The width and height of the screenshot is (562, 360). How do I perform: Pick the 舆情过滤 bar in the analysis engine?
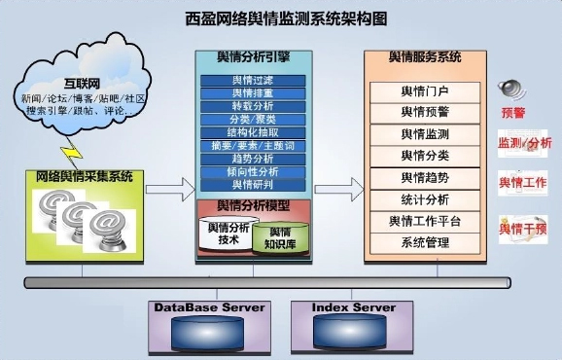coord(252,80)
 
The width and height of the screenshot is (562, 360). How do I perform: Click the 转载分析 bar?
coord(252,106)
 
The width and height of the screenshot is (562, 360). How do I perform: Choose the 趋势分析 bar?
coord(252,158)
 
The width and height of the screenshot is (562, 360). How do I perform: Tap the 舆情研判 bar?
coord(252,184)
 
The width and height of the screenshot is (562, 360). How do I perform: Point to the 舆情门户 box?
coord(425,91)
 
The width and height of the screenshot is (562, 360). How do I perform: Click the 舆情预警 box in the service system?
coord(425,112)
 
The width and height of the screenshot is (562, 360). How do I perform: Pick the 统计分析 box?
coord(425,199)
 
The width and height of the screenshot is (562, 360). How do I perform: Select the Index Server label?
coord(353,307)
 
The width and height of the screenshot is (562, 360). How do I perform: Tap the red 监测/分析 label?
coord(525,145)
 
